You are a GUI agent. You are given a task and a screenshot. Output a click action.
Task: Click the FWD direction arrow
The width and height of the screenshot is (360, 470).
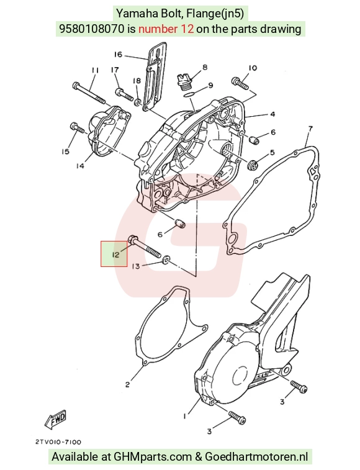[55, 419]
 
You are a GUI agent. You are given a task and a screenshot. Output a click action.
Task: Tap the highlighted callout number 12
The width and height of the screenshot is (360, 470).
[115, 255]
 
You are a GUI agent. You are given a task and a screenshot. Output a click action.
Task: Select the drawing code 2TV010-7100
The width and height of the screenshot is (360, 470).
[58, 442]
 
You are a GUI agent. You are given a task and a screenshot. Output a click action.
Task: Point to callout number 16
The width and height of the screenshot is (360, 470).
[118, 55]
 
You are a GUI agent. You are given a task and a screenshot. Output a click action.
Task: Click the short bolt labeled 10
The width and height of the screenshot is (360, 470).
[240, 83]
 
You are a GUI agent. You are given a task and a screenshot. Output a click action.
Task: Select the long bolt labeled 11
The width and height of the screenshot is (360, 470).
[89, 94]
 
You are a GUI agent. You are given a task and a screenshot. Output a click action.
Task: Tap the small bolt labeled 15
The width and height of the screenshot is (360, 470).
[77, 127]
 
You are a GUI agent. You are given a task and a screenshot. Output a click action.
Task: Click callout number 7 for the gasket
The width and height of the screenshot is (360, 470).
[310, 129]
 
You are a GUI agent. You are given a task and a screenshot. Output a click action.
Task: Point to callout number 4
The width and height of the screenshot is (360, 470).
[272, 114]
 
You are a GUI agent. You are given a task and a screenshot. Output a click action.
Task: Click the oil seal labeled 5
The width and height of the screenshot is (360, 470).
[252, 165]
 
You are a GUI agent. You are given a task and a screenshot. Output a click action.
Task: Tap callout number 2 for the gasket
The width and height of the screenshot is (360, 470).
[127, 384]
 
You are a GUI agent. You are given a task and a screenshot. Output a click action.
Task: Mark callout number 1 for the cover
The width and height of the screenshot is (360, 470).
[185, 416]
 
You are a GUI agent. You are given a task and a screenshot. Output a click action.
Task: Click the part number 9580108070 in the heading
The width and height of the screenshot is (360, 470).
[91, 29]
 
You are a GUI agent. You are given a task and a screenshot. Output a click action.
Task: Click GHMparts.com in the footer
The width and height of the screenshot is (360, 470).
[153, 457]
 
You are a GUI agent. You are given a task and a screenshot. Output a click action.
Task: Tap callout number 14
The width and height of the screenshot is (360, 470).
[80, 165]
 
